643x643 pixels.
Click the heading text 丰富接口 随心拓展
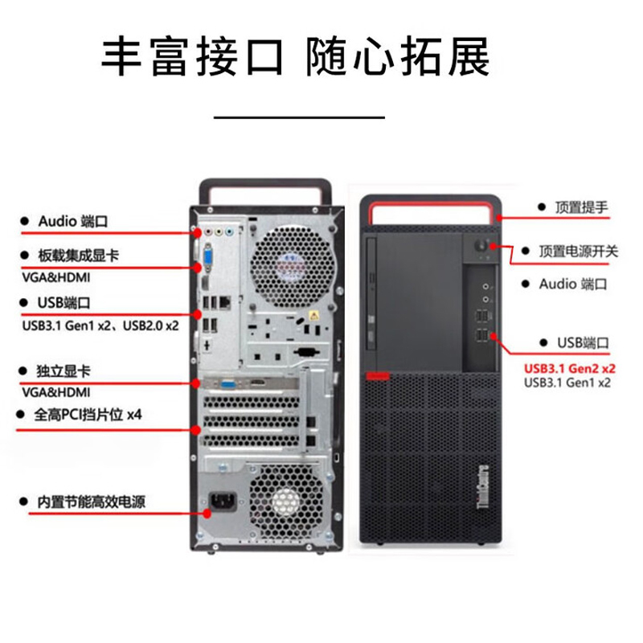click(x=295, y=55)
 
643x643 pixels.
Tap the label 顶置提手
click(x=581, y=207)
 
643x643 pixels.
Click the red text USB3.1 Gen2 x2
click(x=569, y=368)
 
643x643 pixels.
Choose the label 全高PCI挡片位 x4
click(x=88, y=416)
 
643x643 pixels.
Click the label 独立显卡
click(x=63, y=371)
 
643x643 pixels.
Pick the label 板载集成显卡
click(x=78, y=256)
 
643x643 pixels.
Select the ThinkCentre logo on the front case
click(x=484, y=486)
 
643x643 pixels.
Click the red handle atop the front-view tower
click(x=430, y=210)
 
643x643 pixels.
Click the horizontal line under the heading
click(x=298, y=117)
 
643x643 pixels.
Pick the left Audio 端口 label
click(x=72, y=220)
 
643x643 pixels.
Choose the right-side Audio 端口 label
click(x=572, y=284)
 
